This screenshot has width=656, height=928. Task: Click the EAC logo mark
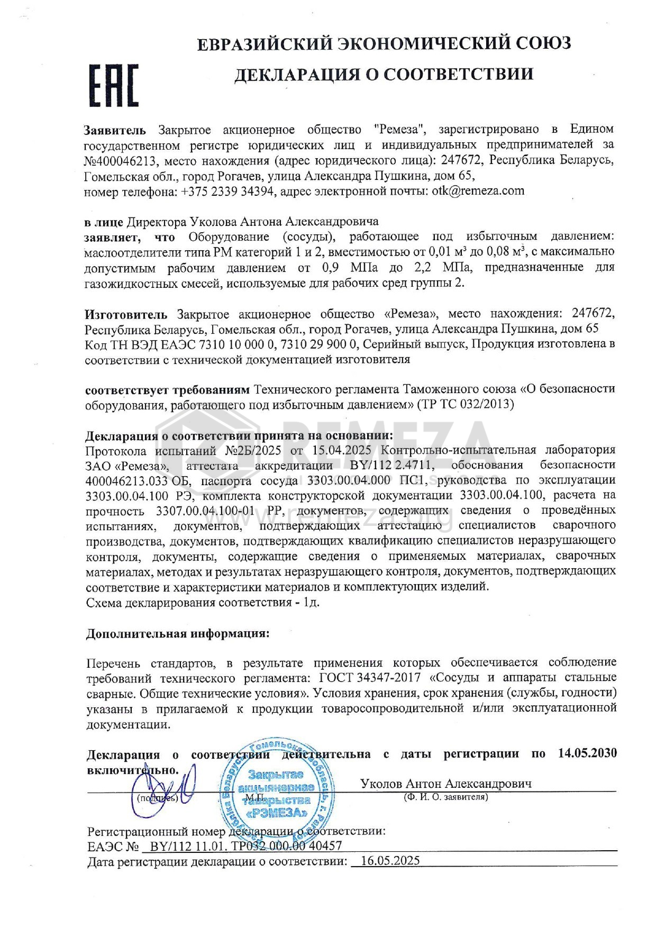113,86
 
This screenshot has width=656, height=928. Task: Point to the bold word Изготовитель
126,314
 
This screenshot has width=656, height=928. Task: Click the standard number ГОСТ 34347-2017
370,678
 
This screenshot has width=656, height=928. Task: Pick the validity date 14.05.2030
587,753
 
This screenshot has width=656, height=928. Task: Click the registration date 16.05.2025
389,861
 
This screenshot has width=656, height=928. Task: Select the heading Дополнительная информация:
178,634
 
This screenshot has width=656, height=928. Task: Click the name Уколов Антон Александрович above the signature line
445,784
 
